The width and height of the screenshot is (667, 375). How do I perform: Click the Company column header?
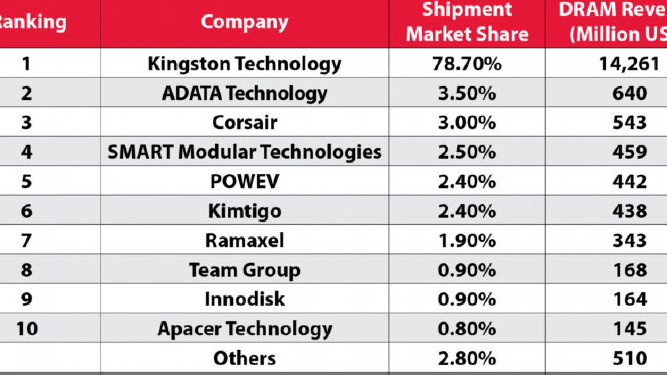(244, 22)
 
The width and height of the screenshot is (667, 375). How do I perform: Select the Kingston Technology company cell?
(244, 64)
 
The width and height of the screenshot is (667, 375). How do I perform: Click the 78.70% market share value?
(467, 64)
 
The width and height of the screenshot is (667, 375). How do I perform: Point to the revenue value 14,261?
(629, 64)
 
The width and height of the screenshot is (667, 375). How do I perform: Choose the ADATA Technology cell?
(244, 93)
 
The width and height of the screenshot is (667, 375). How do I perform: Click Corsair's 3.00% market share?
(467, 123)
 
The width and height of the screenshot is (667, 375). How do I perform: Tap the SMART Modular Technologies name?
(244, 152)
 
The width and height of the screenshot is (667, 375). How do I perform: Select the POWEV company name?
(244, 181)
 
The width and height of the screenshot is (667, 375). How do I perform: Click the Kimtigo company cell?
(244, 211)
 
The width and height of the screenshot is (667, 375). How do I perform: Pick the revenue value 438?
(629, 211)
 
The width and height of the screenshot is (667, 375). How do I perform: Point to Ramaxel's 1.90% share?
(467, 240)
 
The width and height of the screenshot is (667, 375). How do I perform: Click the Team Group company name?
(244, 270)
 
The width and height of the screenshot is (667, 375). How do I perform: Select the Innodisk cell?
(244, 299)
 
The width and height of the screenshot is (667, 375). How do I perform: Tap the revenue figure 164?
(629, 299)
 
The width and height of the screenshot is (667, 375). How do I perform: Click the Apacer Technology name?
(244, 328)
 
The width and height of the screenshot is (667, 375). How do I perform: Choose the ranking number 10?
(27, 328)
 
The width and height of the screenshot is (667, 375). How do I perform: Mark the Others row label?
(244, 358)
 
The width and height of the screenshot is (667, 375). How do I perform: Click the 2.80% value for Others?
(467, 358)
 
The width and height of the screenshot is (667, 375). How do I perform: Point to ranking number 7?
(27, 240)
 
